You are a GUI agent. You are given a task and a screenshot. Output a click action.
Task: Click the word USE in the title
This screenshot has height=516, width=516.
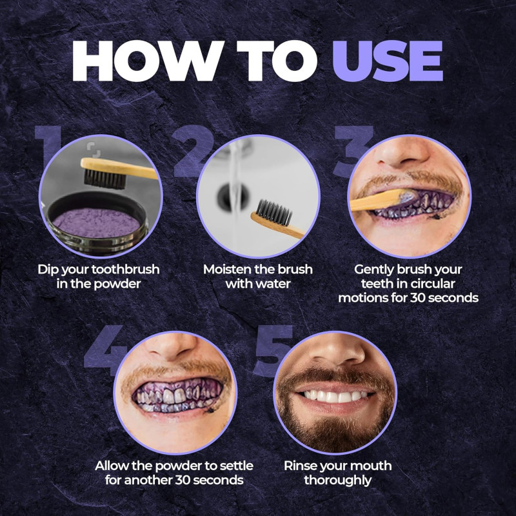pyautogui.click(x=388, y=61)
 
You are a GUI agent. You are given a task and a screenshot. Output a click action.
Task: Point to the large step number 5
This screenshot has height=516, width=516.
pyautogui.click(x=273, y=350)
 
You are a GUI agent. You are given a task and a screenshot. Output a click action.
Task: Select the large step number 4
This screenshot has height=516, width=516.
pyautogui.click(x=106, y=350)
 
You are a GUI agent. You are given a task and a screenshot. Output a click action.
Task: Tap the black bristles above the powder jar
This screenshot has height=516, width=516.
pyautogui.click(x=104, y=179)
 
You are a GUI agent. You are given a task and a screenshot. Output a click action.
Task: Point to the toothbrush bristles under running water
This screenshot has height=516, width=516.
pyautogui.click(x=273, y=213)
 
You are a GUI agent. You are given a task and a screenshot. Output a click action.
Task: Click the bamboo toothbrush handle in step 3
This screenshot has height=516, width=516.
pyautogui.click(x=379, y=200)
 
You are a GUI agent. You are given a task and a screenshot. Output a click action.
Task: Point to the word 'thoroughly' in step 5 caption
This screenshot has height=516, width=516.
pyautogui.click(x=337, y=481)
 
